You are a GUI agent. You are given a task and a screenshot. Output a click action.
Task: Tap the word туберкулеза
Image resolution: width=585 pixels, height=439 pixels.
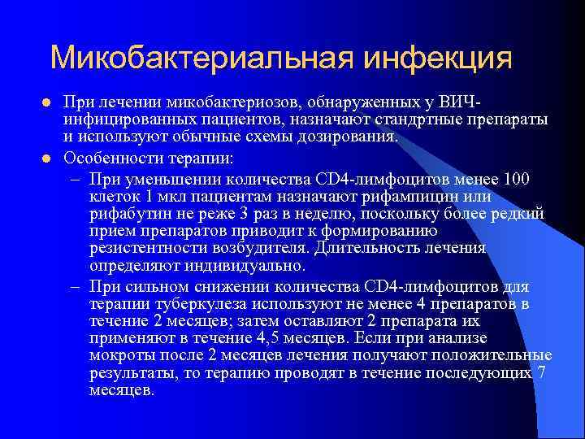click(186, 304)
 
